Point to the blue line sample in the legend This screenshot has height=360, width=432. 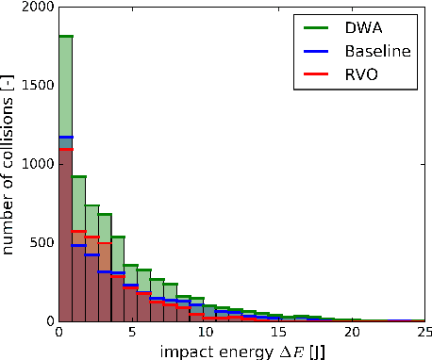click(x=312, y=52)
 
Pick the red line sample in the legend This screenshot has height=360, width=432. click(x=312, y=76)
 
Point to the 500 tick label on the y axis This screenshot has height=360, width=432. click(x=40, y=242)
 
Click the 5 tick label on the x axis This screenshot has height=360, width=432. click(x=132, y=332)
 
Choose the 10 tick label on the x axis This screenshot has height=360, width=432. click(x=205, y=332)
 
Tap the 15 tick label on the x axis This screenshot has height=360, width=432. click(x=278, y=332)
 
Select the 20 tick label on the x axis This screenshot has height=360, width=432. click(x=351, y=332)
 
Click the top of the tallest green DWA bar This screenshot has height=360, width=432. click(x=66, y=36)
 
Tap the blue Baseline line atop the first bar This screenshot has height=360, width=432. click(x=66, y=138)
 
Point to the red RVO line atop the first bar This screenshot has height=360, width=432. click(x=66, y=149)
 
